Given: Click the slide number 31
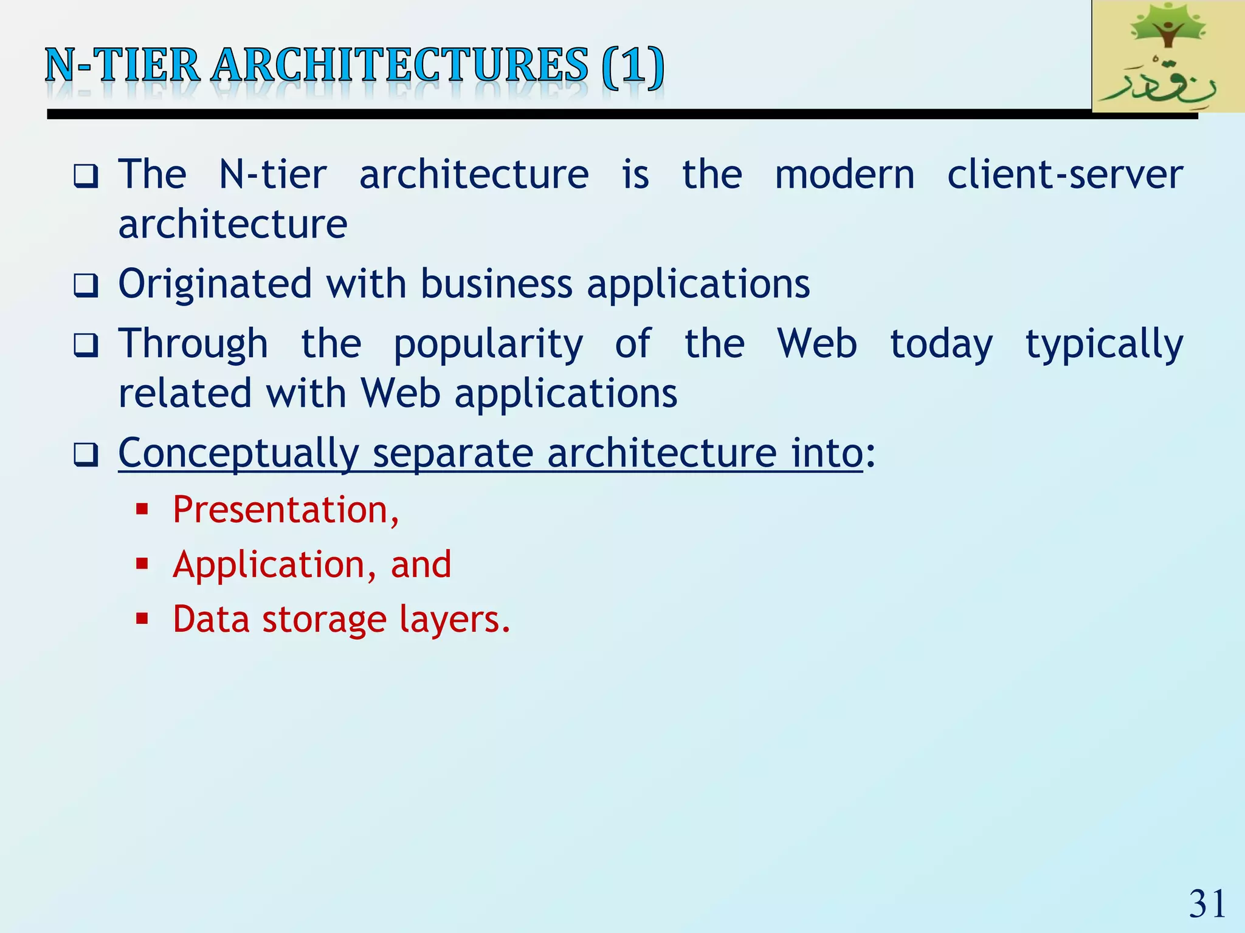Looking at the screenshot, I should tap(1207, 904).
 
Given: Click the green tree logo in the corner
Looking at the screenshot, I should tap(1167, 56).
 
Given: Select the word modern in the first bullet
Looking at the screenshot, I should tap(844, 175).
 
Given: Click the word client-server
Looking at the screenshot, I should tap(1064, 175).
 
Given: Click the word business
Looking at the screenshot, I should tap(496, 284).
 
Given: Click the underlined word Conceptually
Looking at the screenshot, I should tap(238, 454).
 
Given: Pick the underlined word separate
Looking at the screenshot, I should tap(452, 454).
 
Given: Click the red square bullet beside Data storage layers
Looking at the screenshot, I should tap(142, 619).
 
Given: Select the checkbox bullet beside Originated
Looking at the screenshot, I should tap(86, 285).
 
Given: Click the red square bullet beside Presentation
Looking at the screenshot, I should tap(142, 509).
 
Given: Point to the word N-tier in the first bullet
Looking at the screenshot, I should tap(272, 175).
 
